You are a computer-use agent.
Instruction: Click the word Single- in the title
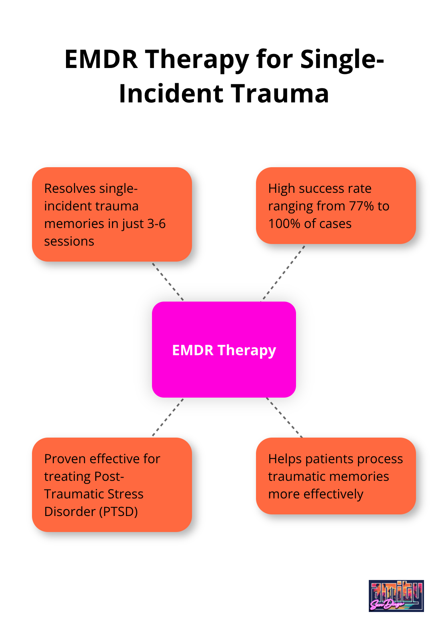pos(342,59)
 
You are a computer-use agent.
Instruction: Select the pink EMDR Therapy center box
pos(224,350)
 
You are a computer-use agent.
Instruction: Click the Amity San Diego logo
pos(396,596)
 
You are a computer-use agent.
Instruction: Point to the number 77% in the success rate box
pos(362,206)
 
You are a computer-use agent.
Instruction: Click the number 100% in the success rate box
pos(284,224)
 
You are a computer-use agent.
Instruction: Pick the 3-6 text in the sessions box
pos(156,224)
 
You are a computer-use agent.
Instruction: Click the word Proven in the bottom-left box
pos(65,459)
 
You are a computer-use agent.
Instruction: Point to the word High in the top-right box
pos(281,188)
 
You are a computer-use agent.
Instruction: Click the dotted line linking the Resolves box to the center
pos(168,282)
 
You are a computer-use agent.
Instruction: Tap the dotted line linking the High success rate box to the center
pos(283,273)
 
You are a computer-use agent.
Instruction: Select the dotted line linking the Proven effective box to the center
pos(168,417)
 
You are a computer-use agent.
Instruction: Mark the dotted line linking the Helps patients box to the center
pos(284,417)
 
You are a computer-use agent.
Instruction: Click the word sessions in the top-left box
pos(69,241)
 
